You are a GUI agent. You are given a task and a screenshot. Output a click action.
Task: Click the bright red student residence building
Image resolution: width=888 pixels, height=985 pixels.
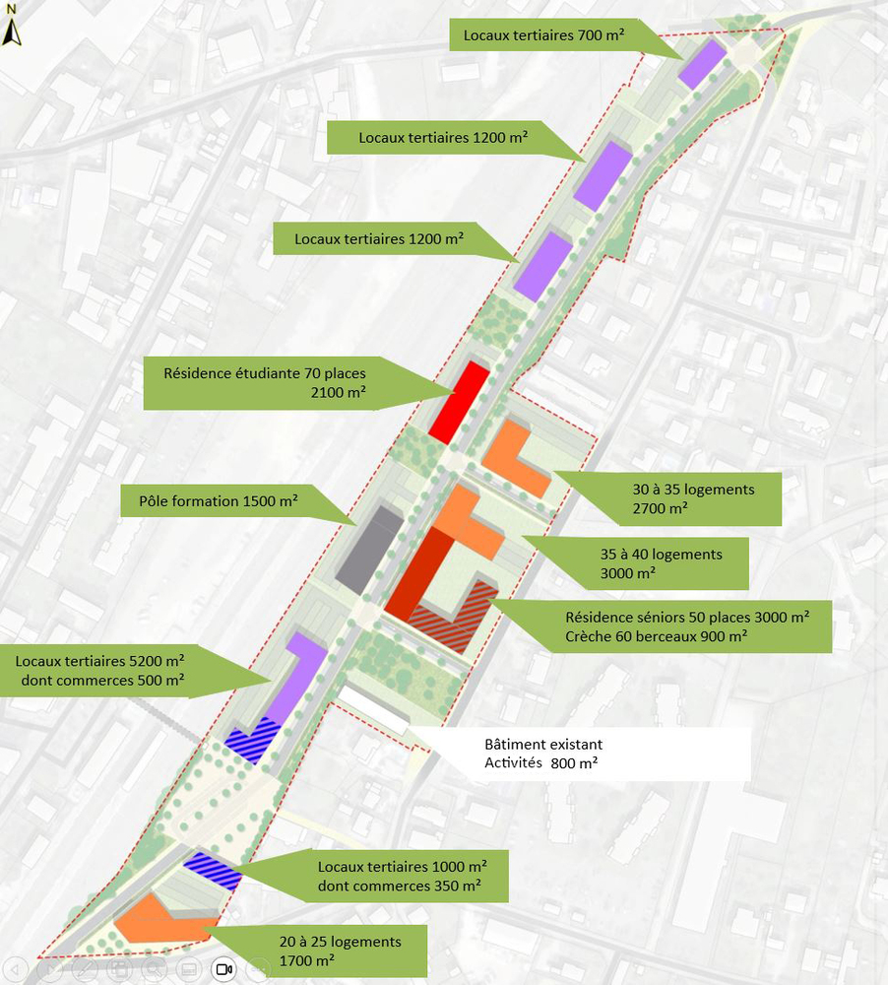pyautogui.click(x=459, y=398)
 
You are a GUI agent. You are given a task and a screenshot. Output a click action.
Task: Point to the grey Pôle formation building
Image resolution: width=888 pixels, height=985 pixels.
pyautogui.click(x=369, y=550)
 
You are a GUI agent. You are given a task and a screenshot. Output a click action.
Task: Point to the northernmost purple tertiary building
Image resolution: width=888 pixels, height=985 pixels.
pyautogui.click(x=702, y=63)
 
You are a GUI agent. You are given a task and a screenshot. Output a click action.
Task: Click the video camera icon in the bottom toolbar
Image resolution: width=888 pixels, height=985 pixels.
pyautogui.click(x=223, y=970)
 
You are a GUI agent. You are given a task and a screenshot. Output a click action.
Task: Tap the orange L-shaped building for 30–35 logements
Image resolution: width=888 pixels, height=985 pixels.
pyautogui.click(x=512, y=457)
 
